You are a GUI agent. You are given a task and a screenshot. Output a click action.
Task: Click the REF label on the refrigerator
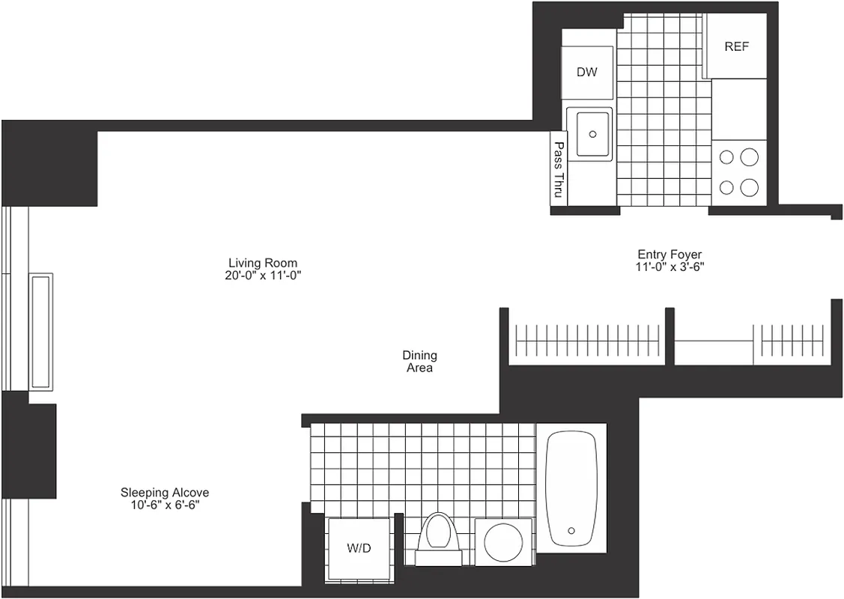point(736,46)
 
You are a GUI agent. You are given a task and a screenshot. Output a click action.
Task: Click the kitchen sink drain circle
point(593,134)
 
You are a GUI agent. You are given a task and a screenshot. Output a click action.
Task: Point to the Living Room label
point(263,263)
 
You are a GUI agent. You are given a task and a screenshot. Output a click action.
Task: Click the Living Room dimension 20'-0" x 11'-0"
point(263,276)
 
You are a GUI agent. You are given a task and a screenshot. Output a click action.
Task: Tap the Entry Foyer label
point(670,255)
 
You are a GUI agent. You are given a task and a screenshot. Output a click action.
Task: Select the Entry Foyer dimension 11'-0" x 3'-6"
point(670,267)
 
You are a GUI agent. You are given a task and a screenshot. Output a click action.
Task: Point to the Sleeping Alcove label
point(165,493)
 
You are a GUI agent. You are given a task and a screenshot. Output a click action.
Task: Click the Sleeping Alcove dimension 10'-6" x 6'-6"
point(165,505)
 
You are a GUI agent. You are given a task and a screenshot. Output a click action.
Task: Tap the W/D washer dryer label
point(359,548)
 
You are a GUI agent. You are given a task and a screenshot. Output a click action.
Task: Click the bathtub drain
point(573,529)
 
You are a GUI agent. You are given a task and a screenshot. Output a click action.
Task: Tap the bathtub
point(572,487)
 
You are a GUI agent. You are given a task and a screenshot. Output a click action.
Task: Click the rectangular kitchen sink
point(589,133)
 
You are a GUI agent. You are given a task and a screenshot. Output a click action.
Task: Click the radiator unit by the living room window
point(40,330)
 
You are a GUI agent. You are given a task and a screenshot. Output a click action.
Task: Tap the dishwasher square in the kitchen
point(587,73)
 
